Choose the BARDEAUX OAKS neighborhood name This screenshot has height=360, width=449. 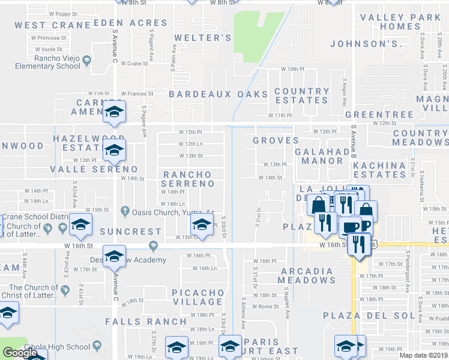pos(218,94)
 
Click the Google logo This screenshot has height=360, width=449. pos(20,353)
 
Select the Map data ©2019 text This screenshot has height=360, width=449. pos(424,356)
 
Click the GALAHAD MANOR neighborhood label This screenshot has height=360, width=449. pos(322,157)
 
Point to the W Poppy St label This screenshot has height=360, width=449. pos(63,13)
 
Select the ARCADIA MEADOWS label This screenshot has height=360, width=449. pos(306,275)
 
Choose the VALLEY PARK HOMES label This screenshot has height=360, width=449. pos(400,22)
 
